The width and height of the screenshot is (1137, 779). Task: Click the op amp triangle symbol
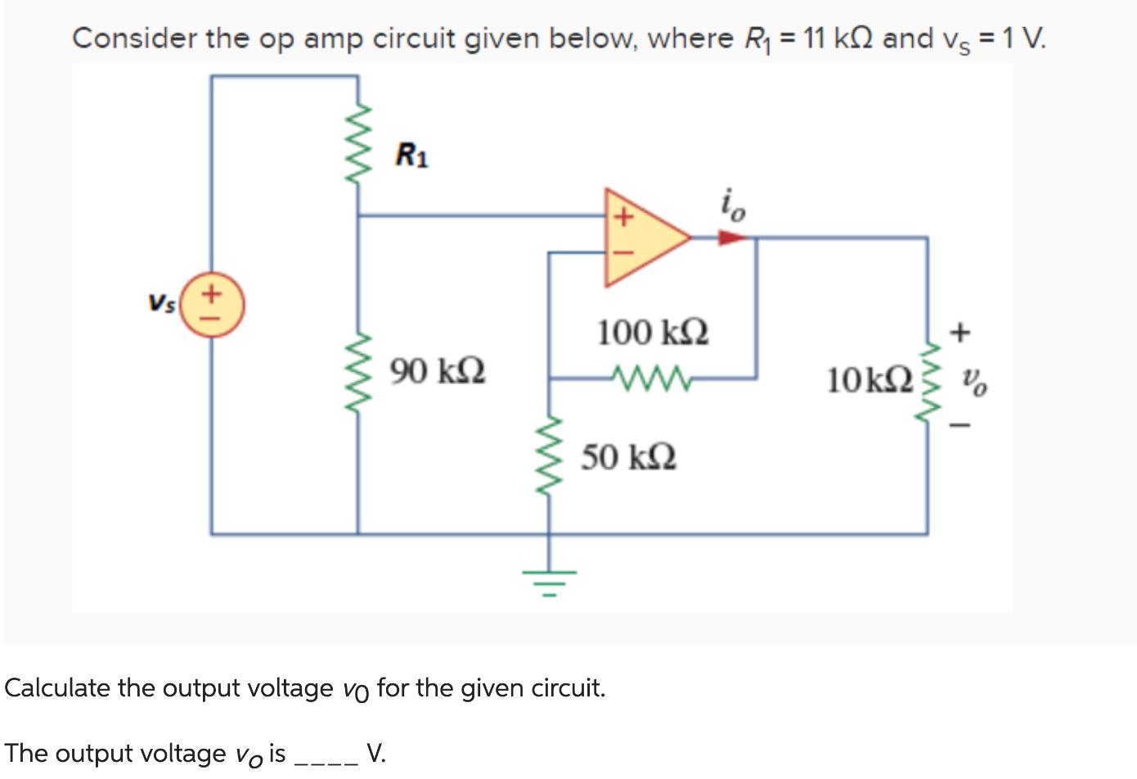coord(642,237)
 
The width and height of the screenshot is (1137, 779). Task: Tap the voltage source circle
coord(212,308)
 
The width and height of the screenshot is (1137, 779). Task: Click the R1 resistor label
coord(411,154)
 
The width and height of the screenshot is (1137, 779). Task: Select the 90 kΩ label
coord(437,370)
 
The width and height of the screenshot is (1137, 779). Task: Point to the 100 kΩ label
coord(652,333)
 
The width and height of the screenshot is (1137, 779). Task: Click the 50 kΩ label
coord(628,457)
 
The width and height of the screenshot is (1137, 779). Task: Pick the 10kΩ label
coord(869,380)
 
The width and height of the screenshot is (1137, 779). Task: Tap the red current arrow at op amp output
coord(732,238)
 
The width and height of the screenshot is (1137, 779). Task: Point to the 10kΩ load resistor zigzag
coord(928,380)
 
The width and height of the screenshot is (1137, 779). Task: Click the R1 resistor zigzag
coord(358,147)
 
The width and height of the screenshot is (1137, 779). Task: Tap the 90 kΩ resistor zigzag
coord(358,369)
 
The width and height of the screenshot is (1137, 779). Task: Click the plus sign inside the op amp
coord(623,217)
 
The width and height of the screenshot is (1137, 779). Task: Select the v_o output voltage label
coord(973,380)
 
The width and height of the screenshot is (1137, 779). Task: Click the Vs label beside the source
coord(161,302)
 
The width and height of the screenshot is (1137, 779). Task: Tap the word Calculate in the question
coord(57,688)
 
